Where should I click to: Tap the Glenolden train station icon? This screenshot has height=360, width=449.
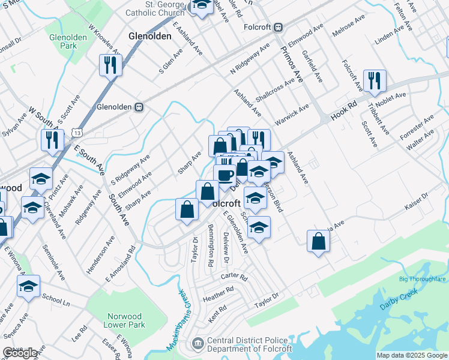click(139, 107)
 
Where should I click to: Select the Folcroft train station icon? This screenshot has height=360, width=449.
click(279, 27)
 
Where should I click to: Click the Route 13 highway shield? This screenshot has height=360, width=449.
click(77, 131)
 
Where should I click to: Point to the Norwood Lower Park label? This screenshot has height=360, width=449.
click(125, 320)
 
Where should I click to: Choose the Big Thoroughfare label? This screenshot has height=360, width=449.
click(422, 279)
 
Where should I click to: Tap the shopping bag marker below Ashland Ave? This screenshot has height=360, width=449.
click(318, 241)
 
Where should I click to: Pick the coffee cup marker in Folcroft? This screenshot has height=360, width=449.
click(225, 175)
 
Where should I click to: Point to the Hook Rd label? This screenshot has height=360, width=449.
click(344, 112)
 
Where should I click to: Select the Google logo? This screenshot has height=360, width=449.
click(21, 353)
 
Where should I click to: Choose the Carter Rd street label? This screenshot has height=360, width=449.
click(234, 277)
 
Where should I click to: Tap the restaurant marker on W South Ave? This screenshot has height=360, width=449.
click(52, 140)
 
